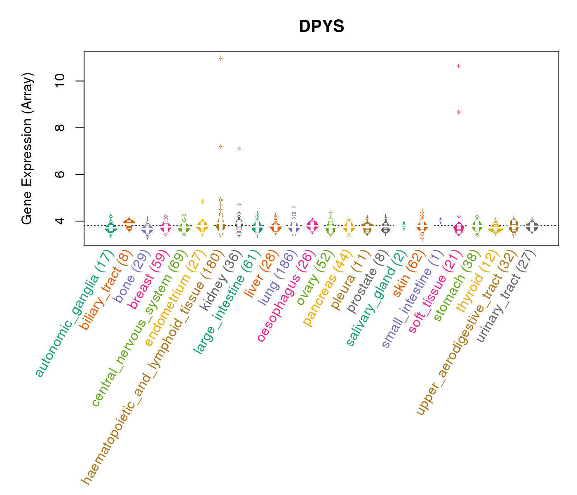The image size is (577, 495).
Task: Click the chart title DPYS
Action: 321,27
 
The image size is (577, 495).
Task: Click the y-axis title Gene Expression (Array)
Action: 27,148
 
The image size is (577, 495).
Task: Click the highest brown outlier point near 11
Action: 221,58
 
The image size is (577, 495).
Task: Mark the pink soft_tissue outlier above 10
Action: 459,66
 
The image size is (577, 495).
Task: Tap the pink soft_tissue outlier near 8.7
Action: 459,112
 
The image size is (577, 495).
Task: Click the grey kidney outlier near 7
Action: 239,148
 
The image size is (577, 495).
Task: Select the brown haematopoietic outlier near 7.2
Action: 221,146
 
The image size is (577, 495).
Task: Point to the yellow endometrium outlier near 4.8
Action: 202,201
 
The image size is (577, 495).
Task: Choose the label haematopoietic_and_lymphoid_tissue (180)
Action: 152,367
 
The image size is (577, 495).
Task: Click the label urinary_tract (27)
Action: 506,297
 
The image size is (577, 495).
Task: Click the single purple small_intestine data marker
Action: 441,220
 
